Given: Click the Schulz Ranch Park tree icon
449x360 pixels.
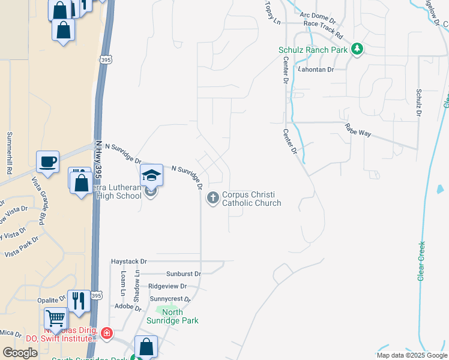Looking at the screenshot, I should pyautogui.click(x=358, y=49).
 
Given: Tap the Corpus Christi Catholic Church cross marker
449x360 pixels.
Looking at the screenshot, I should pyautogui.click(x=213, y=198).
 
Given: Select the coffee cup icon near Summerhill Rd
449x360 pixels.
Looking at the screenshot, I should pyautogui.click(x=47, y=161).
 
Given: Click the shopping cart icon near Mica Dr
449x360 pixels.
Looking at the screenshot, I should pyautogui.click(x=55, y=318).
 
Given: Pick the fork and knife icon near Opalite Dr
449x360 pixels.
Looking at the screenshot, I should pyautogui.click(x=79, y=299).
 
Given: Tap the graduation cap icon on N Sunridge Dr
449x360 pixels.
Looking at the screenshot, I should pyautogui.click(x=151, y=175).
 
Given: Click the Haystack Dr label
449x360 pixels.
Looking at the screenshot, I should pyautogui.click(x=129, y=262).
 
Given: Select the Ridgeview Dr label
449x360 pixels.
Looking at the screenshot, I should pyautogui.click(x=167, y=286).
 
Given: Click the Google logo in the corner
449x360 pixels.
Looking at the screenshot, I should pyautogui.click(x=20, y=353).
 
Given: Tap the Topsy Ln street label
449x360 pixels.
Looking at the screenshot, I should pyautogui.click(x=272, y=13).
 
